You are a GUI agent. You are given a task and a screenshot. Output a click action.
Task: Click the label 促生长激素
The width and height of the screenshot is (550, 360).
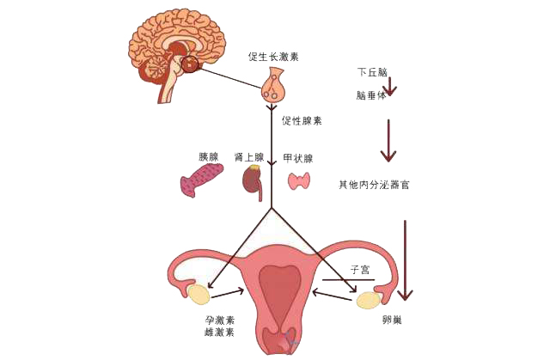pyautogui.click(x=273, y=57)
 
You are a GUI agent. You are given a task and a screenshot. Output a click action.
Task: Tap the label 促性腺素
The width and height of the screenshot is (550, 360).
pyautogui.click(x=302, y=121)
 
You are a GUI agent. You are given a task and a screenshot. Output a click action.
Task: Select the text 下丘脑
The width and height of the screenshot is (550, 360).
pyautogui.click(x=372, y=72)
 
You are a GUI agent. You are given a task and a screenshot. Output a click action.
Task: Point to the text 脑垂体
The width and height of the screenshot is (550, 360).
pyautogui.click(x=370, y=95)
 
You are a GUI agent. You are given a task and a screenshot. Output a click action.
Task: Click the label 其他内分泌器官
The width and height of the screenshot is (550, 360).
pyautogui.click(x=374, y=185)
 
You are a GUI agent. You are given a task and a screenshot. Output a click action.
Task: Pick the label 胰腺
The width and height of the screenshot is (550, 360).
pyautogui.click(x=208, y=156)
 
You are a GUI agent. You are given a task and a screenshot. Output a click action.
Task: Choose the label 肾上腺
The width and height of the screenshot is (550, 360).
pyautogui.click(x=248, y=157)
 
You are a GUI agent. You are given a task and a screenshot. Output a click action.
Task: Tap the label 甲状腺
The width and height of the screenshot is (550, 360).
pyautogui.click(x=298, y=158)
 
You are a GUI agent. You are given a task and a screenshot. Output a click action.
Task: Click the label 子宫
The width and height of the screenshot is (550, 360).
pyautogui.click(x=359, y=270)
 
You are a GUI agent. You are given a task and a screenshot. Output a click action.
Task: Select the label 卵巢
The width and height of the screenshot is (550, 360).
pyautogui.click(x=392, y=320)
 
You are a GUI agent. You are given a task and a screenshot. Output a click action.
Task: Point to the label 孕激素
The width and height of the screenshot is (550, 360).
pyautogui.click(x=220, y=320)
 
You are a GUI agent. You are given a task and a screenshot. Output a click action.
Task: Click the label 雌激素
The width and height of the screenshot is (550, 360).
pyautogui.click(x=220, y=332)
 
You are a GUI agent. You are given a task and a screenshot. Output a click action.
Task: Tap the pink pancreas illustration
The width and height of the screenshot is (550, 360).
pyautogui.click(x=201, y=180)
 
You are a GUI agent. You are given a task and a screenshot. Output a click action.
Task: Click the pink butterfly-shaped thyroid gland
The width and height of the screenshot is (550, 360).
pyautogui.click(x=299, y=180)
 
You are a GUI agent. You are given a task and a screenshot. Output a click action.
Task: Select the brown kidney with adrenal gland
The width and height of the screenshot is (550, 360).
pyautogui.click(x=253, y=182)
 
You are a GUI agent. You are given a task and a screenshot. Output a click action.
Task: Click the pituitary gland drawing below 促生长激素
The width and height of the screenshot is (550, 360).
pyautogui.click(x=273, y=85)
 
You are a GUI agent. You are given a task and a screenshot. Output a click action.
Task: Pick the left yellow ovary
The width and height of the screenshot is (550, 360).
pyautogui.click(x=199, y=295)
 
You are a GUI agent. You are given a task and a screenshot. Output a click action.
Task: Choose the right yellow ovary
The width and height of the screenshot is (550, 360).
pyautogui.click(x=369, y=301)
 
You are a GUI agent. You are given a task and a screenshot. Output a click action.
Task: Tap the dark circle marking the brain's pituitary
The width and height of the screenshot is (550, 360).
pyautogui.click(x=190, y=64)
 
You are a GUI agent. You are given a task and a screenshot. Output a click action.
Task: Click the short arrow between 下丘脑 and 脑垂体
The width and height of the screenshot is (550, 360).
pyautogui.click(x=389, y=86)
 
